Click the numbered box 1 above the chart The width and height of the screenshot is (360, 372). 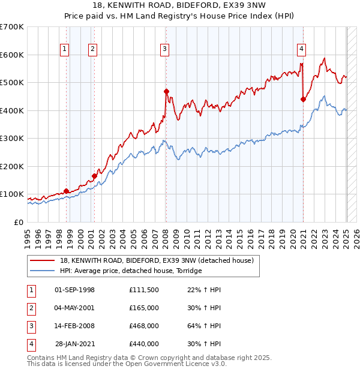[64, 50]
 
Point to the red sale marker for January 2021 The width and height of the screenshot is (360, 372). [303, 100]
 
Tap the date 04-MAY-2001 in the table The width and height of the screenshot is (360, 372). [74, 308]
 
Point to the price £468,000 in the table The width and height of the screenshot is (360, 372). [144, 326]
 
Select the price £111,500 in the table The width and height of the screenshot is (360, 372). [144, 290]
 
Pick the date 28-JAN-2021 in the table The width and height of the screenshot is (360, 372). [74, 344]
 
